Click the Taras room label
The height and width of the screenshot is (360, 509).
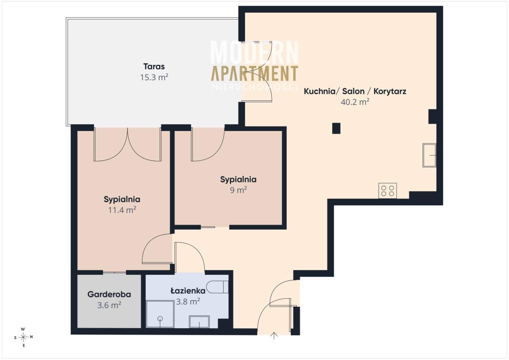(x=154, y=67)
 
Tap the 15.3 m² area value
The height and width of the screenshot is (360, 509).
(x=154, y=77)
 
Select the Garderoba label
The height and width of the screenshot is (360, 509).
(x=109, y=294)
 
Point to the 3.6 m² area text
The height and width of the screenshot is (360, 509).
(x=109, y=305)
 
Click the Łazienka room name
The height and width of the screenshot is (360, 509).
(x=188, y=290)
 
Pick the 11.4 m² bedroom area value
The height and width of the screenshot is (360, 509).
(x=122, y=210)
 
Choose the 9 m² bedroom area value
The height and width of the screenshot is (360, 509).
(x=238, y=190)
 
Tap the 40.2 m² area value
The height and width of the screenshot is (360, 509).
(x=355, y=102)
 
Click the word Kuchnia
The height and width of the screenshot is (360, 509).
(x=319, y=91)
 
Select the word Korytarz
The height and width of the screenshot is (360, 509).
(x=390, y=91)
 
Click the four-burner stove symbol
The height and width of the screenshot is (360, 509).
(x=388, y=191)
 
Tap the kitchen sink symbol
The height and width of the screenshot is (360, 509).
(x=429, y=155)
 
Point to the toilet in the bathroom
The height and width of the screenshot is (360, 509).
(x=218, y=287)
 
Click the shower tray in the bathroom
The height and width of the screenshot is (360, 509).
(x=160, y=314)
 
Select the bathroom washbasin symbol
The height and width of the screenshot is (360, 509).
(x=199, y=322)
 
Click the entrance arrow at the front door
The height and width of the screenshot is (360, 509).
(x=274, y=336)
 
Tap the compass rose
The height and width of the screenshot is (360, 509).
(x=23, y=337)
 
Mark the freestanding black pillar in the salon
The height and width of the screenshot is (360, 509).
(x=336, y=128)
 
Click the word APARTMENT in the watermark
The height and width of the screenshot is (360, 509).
(x=255, y=73)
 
